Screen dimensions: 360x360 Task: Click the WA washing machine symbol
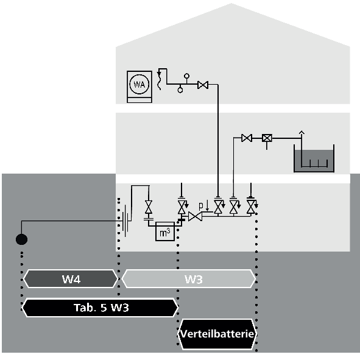tap(139, 86)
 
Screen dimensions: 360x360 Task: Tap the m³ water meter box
tap(165, 231)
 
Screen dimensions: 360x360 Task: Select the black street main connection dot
tap(21, 239)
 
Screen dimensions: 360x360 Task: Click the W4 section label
tap(71, 279)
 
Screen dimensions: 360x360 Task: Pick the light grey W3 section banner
tap(189, 279)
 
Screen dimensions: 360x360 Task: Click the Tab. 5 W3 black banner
tap(101, 308)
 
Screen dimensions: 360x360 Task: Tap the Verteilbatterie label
tap(217, 334)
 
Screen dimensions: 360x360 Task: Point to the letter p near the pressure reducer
tap(201, 206)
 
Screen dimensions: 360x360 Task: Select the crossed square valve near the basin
tap(267, 138)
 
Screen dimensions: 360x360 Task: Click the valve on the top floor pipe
tap(203, 85)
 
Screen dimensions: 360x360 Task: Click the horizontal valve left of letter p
tap(195, 216)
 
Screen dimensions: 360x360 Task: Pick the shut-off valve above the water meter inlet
tap(149, 206)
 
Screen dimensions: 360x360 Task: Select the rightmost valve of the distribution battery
tap(251, 206)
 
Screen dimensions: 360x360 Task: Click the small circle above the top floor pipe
tap(187, 76)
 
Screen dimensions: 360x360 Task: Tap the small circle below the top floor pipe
tap(180, 90)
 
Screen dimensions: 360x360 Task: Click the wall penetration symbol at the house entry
tap(125, 221)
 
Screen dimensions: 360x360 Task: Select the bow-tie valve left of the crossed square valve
tap(247, 138)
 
